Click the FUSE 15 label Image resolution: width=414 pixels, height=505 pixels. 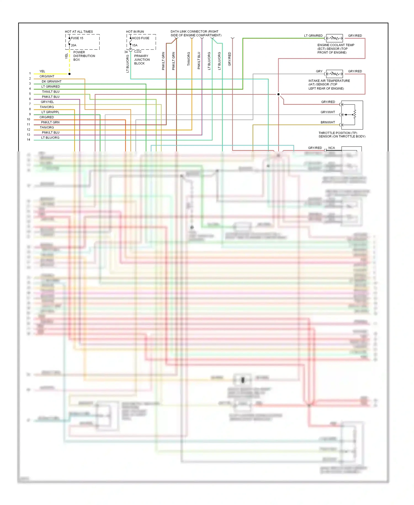[x=77, y=38]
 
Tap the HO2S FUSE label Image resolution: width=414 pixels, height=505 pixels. [x=140, y=38]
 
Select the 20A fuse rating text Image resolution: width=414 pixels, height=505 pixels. [x=73, y=45]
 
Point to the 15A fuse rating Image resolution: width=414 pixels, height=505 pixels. [x=135, y=45]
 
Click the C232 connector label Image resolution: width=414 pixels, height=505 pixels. [x=138, y=52]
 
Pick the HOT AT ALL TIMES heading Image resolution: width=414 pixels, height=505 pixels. [x=79, y=32]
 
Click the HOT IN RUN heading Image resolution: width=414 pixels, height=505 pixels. [x=135, y=32]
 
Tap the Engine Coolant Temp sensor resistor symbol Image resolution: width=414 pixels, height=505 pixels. [x=334, y=38]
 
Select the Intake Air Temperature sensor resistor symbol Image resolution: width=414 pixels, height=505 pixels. [x=334, y=74]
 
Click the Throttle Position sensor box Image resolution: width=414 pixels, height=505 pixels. [x=352, y=115]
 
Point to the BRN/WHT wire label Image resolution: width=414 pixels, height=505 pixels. [x=328, y=122]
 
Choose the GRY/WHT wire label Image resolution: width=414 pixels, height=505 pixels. [x=328, y=112]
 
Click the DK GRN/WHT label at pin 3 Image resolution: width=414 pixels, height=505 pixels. [x=52, y=81]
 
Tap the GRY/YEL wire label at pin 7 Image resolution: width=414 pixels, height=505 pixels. [x=47, y=102]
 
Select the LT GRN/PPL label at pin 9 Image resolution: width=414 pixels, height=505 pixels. [x=50, y=112]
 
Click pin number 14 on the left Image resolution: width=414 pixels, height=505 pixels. [x=28, y=140]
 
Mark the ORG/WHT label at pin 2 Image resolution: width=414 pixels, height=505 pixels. [x=47, y=77]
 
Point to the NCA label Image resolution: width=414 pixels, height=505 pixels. [x=331, y=148]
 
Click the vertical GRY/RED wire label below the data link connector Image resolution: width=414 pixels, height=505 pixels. [x=230, y=59]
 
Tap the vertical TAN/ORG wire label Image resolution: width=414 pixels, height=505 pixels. [x=189, y=59]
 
